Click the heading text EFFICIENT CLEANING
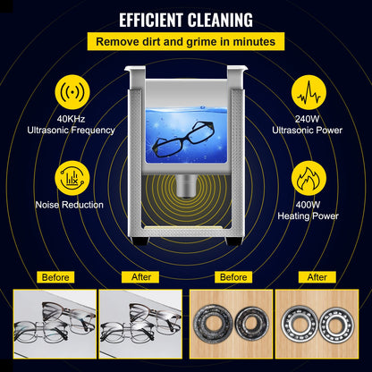point(186,19)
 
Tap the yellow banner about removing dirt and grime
point(186,41)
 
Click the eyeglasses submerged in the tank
point(183,144)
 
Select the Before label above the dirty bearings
point(232,278)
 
